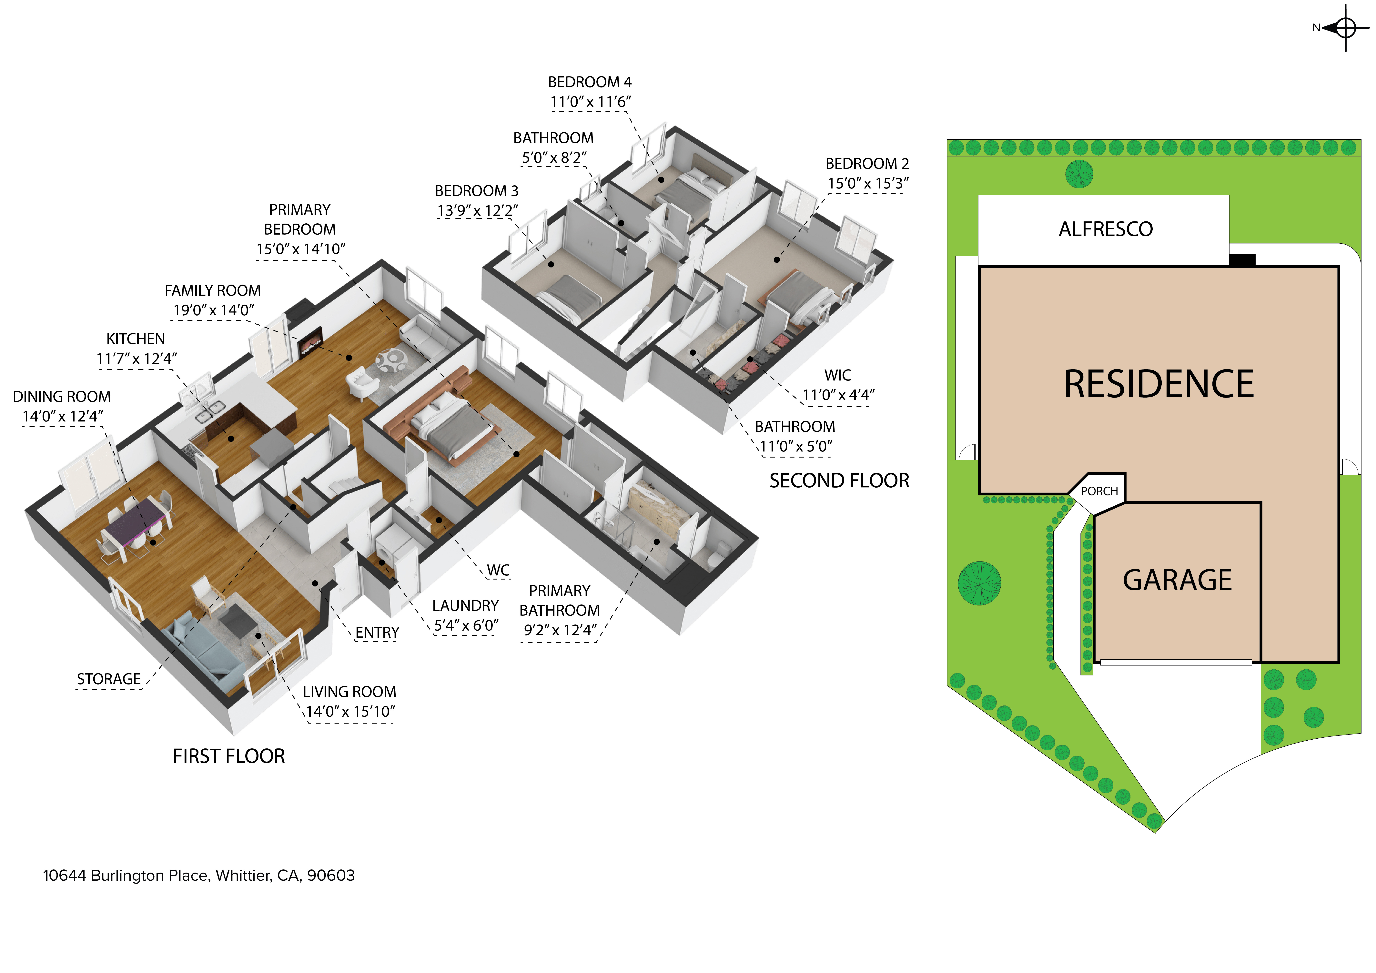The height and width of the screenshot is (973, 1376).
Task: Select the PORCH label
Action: coord(1099,491)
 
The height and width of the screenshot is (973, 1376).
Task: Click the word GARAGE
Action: coord(1177,580)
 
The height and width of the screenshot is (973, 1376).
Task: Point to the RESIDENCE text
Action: coord(1158,384)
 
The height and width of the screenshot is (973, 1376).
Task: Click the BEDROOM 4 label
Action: coord(590,82)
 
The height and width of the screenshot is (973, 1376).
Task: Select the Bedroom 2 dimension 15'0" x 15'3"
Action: coord(868,183)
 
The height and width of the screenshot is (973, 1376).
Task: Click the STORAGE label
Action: coord(108,679)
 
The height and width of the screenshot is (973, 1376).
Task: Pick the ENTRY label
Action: coord(377,633)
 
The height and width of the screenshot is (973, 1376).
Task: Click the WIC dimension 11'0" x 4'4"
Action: coord(838,395)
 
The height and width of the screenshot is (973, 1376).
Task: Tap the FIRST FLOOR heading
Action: coord(229,757)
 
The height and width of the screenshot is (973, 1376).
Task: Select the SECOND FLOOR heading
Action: coord(839,481)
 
